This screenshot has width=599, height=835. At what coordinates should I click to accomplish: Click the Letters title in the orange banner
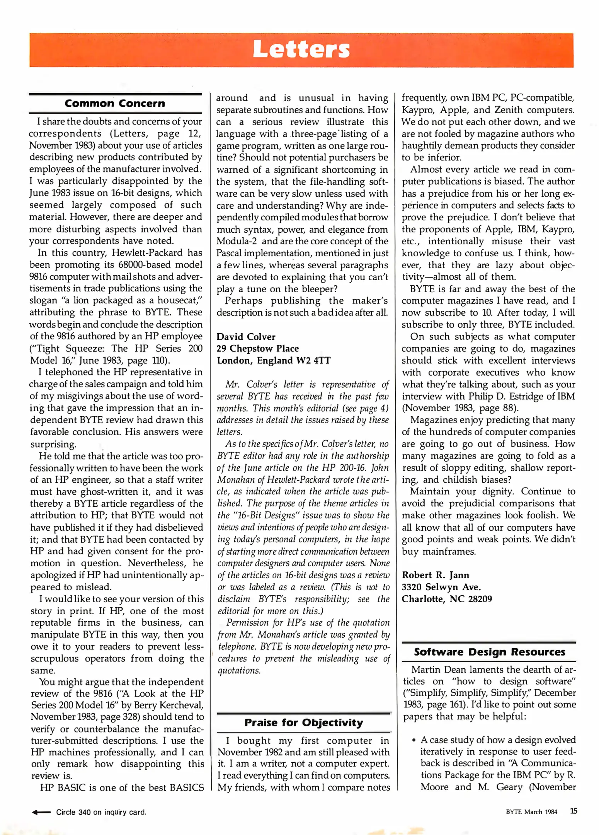[301, 50]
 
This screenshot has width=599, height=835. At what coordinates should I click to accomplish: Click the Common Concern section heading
[115, 104]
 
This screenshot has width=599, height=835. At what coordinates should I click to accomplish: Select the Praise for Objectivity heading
[303, 723]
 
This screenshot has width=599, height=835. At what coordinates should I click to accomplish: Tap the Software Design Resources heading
[489, 652]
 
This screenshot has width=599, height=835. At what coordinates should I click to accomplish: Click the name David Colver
[246, 337]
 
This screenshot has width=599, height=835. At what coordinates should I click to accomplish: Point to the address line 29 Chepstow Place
[257, 348]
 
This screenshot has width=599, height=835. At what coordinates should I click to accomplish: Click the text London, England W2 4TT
[273, 360]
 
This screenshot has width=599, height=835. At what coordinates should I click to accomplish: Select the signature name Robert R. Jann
[435, 575]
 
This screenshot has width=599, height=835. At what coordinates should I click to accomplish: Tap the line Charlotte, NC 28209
[446, 599]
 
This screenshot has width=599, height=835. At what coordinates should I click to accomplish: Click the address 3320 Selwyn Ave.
[441, 587]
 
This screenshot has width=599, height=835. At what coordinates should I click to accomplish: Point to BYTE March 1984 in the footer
[531, 812]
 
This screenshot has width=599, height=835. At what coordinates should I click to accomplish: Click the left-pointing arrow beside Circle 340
[41, 812]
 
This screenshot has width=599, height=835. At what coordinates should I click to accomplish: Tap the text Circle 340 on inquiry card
[101, 812]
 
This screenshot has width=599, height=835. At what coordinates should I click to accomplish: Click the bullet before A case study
[414, 741]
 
